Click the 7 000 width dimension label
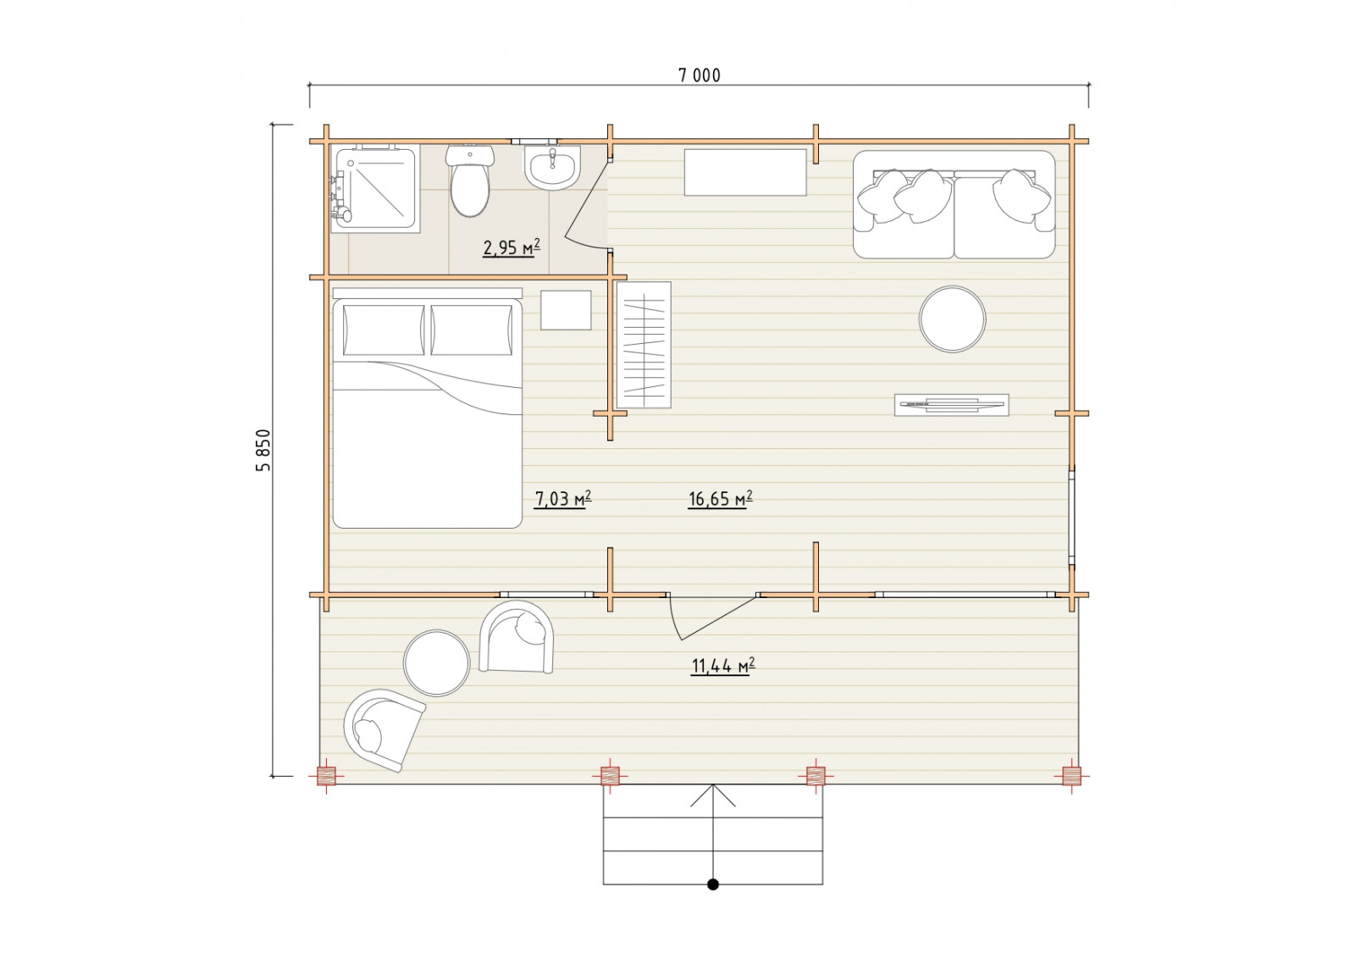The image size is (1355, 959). (x=700, y=75)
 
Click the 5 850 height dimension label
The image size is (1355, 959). (x=263, y=450)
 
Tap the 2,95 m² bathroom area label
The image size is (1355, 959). (x=512, y=247)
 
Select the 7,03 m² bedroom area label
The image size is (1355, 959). (x=562, y=498)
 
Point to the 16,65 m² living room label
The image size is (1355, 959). (x=721, y=498)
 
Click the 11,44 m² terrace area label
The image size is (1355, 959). (x=723, y=666)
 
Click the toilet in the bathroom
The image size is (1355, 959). (x=470, y=180)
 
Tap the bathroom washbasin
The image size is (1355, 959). (x=552, y=168)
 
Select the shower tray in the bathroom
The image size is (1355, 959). (x=375, y=188)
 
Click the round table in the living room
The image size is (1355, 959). (x=952, y=319)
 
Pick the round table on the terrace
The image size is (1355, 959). (x=436, y=662)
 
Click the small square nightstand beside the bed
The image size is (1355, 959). (x=566, y=310)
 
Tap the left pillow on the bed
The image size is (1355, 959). (x=384, y=330)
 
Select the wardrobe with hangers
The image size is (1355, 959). (x=644, y=345)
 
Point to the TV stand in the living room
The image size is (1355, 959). (x=952, y=405)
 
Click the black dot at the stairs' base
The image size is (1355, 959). (x=713, y=884)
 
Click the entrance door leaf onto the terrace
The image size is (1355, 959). (x=719, y=618)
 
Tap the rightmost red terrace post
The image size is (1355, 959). (x=1071, y=776)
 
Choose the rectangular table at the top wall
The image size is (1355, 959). (x=745, y=173)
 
